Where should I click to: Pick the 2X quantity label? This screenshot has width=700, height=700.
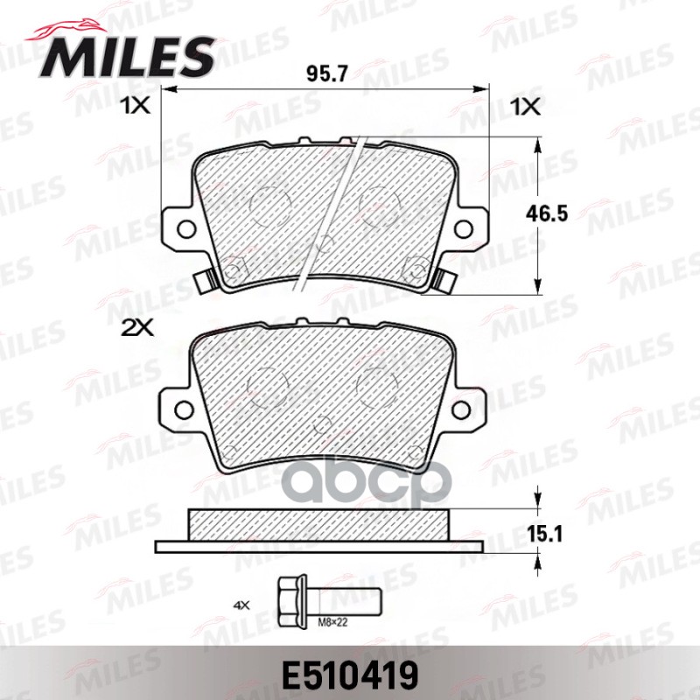point(137,329)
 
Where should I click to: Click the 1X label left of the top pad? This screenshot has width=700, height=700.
point(137,108)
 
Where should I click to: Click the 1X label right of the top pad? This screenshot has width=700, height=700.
point(527,108)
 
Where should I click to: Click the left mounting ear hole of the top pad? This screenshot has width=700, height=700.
point(185,229)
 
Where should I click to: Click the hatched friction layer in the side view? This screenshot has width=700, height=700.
point(320,526)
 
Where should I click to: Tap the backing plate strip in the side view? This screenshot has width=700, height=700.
point(320,546)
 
